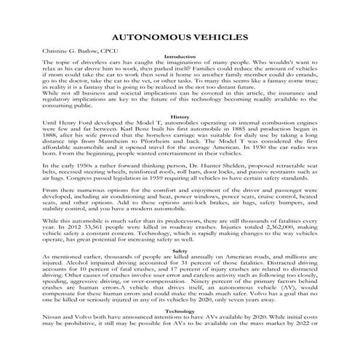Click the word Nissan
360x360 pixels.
tap(39, 320)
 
